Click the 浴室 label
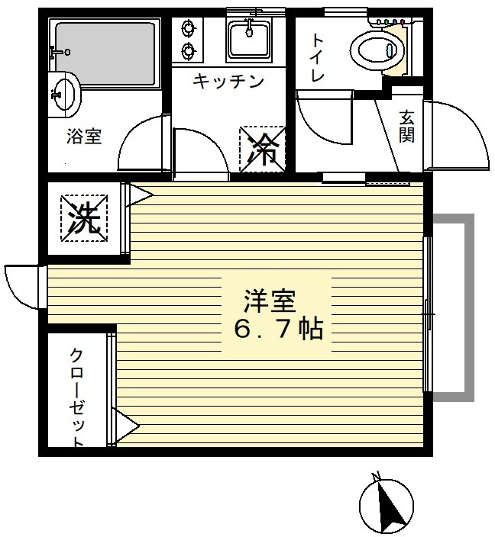coord(84,137)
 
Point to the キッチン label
coord(228,81)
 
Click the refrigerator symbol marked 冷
coord(263,149)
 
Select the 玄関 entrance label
coord(406,126)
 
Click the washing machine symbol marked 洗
coord(84,218)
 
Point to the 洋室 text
coord(269,302)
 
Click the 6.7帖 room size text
coord(278,330)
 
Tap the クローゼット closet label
coord(77,397)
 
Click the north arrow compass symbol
coord(387,503)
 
